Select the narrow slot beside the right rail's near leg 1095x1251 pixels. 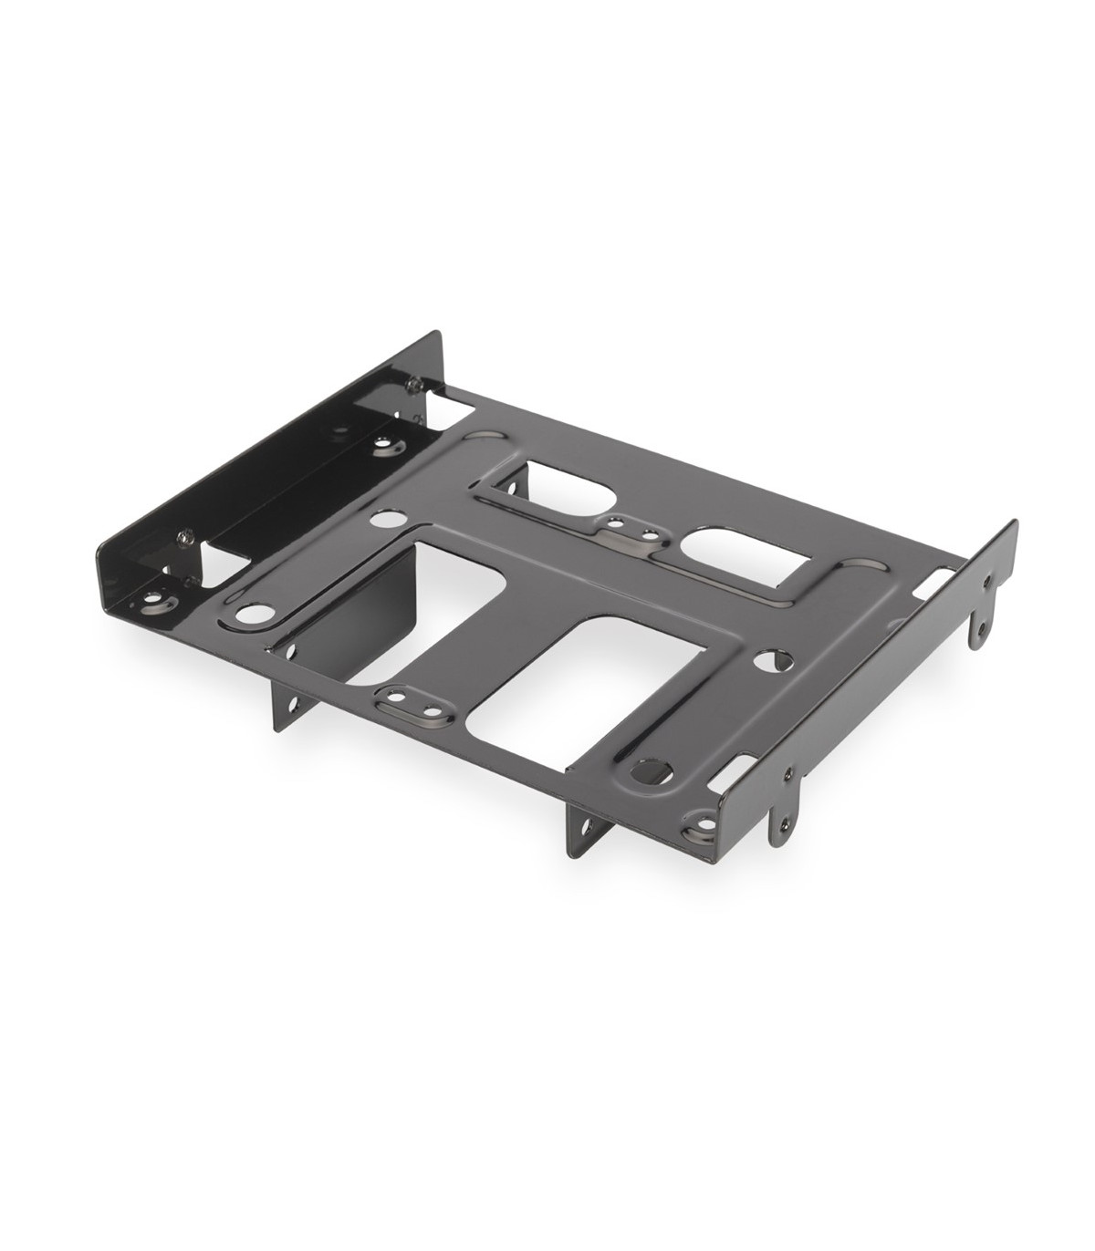pos(744,770)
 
